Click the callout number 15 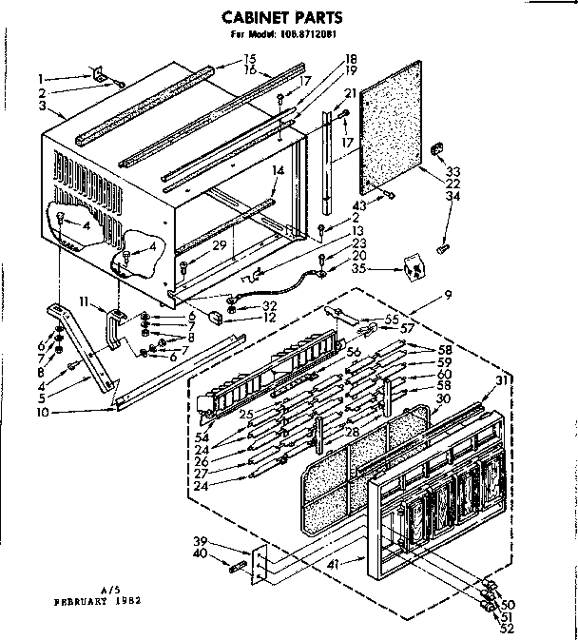(223, 60)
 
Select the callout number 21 (349, 93)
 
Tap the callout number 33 (453, 171)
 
